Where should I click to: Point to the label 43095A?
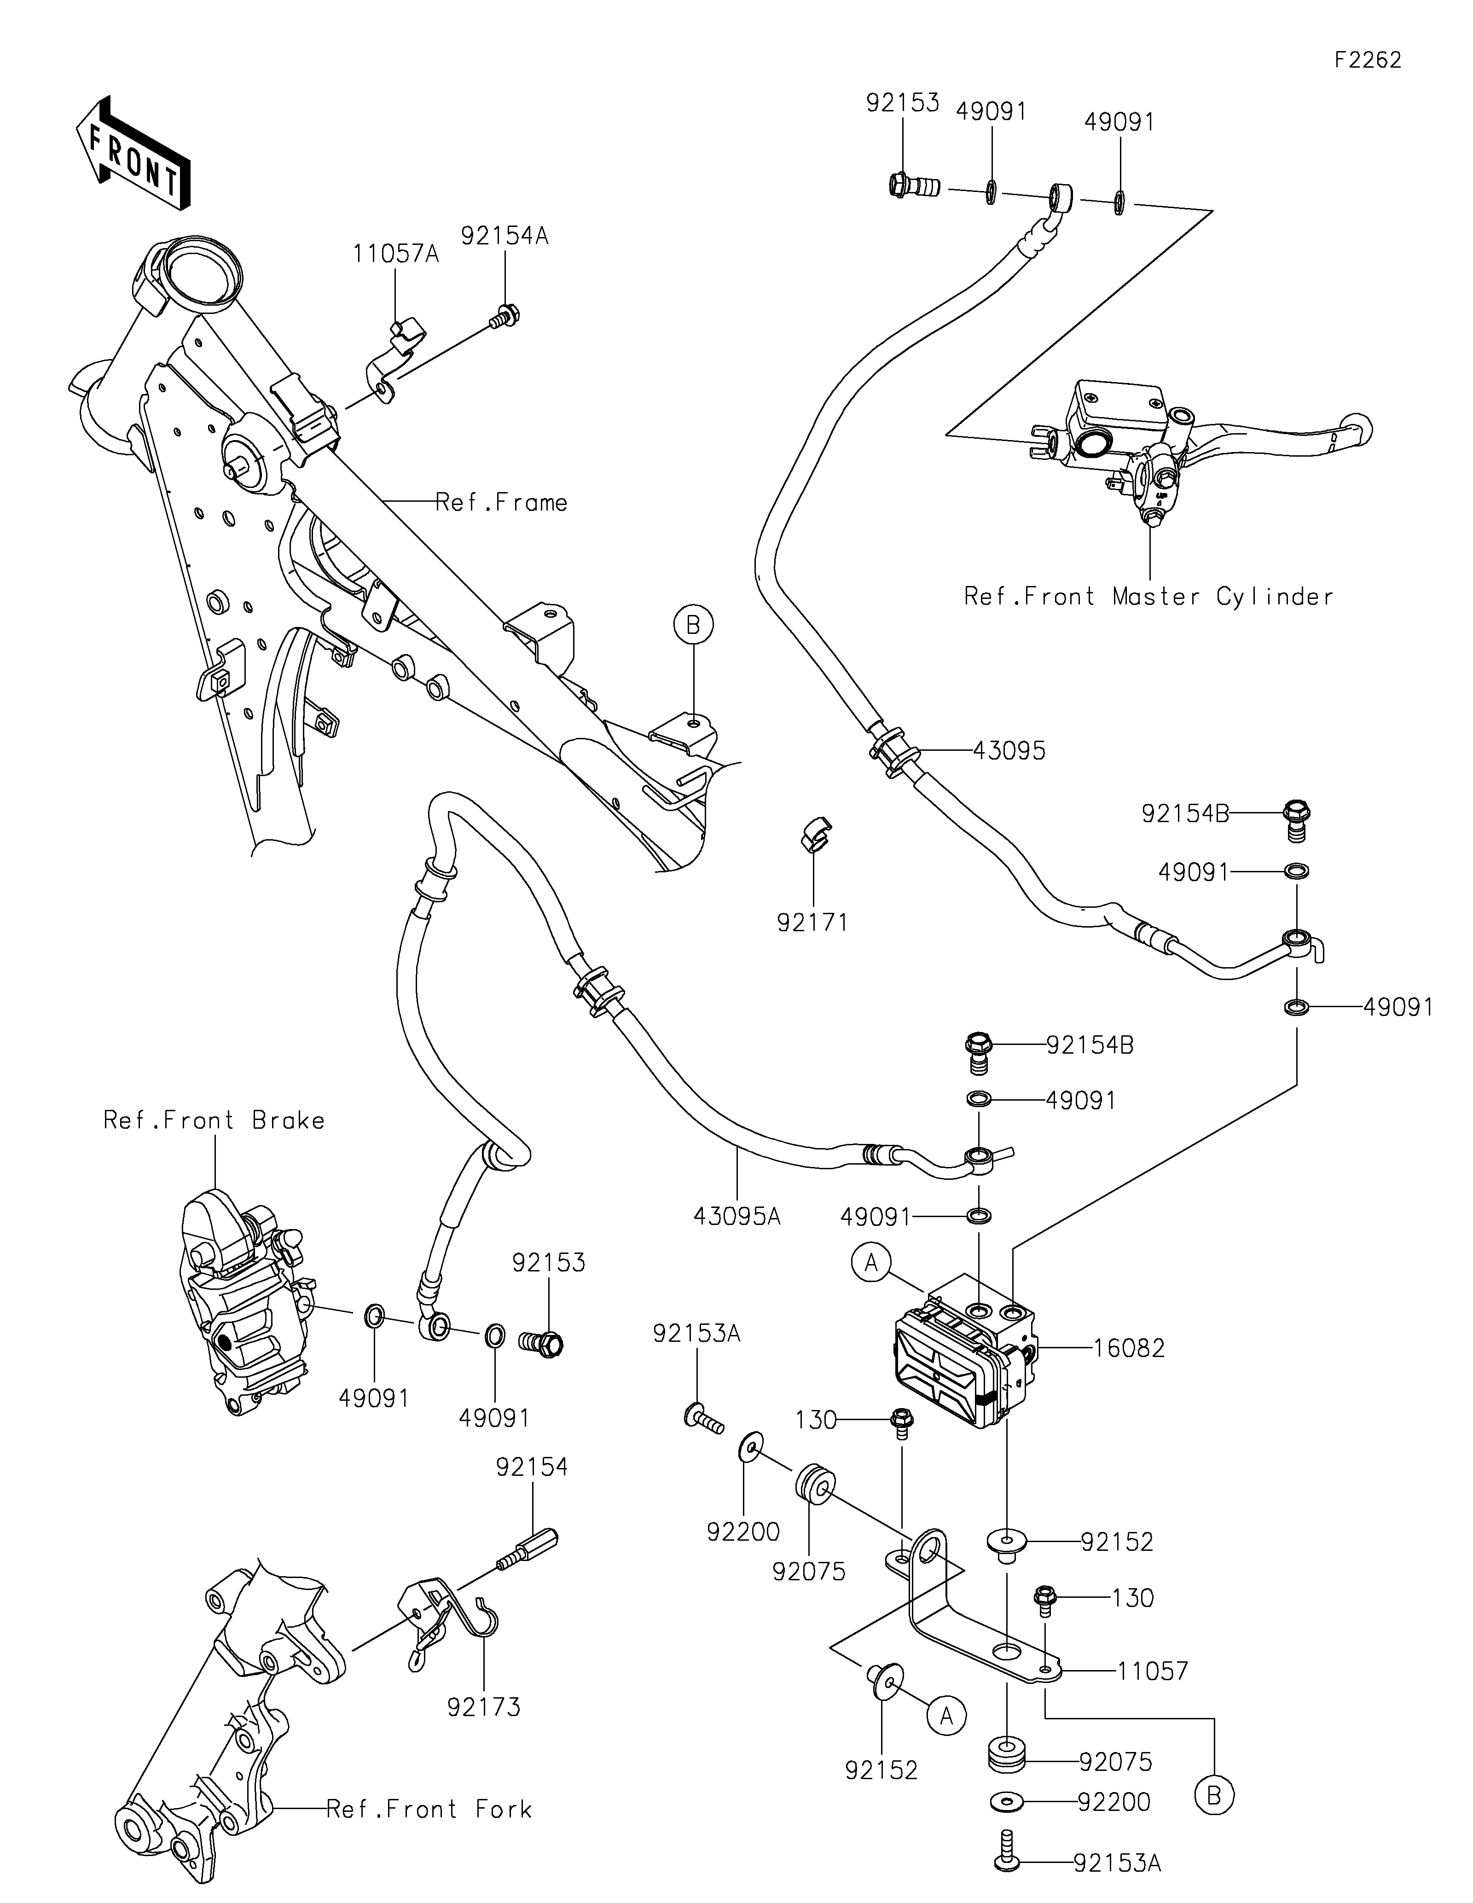click(737, 1216)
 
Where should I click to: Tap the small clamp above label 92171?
click(814, 834)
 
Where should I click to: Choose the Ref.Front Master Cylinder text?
click(1148, 597)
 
